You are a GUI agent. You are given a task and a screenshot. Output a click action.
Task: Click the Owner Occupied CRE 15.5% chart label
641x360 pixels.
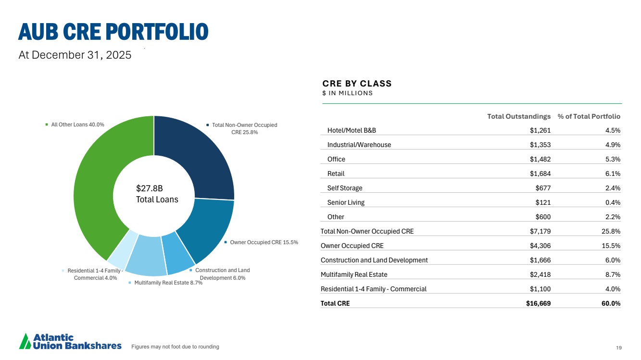(x=264, y=242)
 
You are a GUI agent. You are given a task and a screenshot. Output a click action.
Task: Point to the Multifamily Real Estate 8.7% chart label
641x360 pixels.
(x=168, y=283)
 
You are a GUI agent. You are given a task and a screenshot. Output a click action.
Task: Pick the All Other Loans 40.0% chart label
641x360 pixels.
(x=77, y=124)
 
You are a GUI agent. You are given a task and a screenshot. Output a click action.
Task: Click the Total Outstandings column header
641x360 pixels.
(x=518, y=116)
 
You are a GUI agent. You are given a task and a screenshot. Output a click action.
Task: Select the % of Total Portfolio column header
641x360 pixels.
(x=589, y=116)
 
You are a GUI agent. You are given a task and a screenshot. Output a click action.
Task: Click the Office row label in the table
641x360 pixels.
(x=336, y=159)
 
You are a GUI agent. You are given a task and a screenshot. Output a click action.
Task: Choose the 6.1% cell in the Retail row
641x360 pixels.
(x=612, y=174)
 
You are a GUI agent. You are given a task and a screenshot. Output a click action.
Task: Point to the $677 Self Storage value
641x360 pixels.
(x=543, y=188)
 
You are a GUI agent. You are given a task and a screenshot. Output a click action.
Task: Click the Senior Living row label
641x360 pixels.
(x=346, y=202)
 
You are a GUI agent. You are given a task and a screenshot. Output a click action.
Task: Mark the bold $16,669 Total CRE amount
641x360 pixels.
(x=538, y=303)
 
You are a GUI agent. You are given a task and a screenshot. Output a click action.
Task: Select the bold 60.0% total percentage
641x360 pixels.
(x=611, y=303)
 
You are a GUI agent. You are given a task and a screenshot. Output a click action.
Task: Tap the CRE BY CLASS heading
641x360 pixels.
(x=357, y=84)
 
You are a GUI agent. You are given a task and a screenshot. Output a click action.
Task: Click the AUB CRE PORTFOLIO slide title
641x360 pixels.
(x=113, y=31)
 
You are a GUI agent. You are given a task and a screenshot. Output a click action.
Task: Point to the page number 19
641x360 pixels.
(x=618, y=347)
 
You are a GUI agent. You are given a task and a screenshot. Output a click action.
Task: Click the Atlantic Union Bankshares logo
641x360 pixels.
(x=70, y=341)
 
